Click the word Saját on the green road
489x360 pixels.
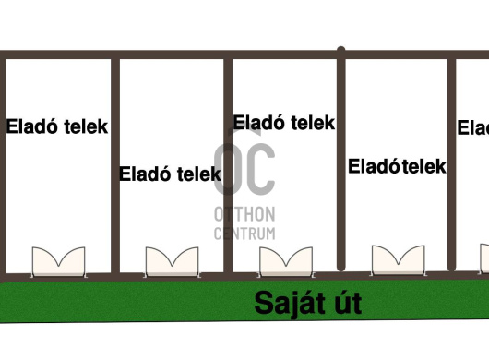pos(284,303)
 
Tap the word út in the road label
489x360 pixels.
pos(342,303)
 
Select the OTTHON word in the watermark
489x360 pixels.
pos(244,214)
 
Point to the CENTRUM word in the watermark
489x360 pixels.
pos(244,234)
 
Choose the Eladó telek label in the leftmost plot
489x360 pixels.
pos(57,126)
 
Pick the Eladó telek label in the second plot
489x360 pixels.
pos(171,173)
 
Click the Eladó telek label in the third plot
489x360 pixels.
pos(283,123)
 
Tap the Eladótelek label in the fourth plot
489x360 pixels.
pos(397,167)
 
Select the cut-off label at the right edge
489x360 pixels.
pos(473,128)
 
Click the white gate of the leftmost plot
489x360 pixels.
pos(58,261)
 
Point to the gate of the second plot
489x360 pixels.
pos(172,261)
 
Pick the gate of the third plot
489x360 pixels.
pos(285,262)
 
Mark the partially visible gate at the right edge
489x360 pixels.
pos(483,258)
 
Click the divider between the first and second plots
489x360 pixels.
pos(115,166)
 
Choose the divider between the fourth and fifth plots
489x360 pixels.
pos(453,166)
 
